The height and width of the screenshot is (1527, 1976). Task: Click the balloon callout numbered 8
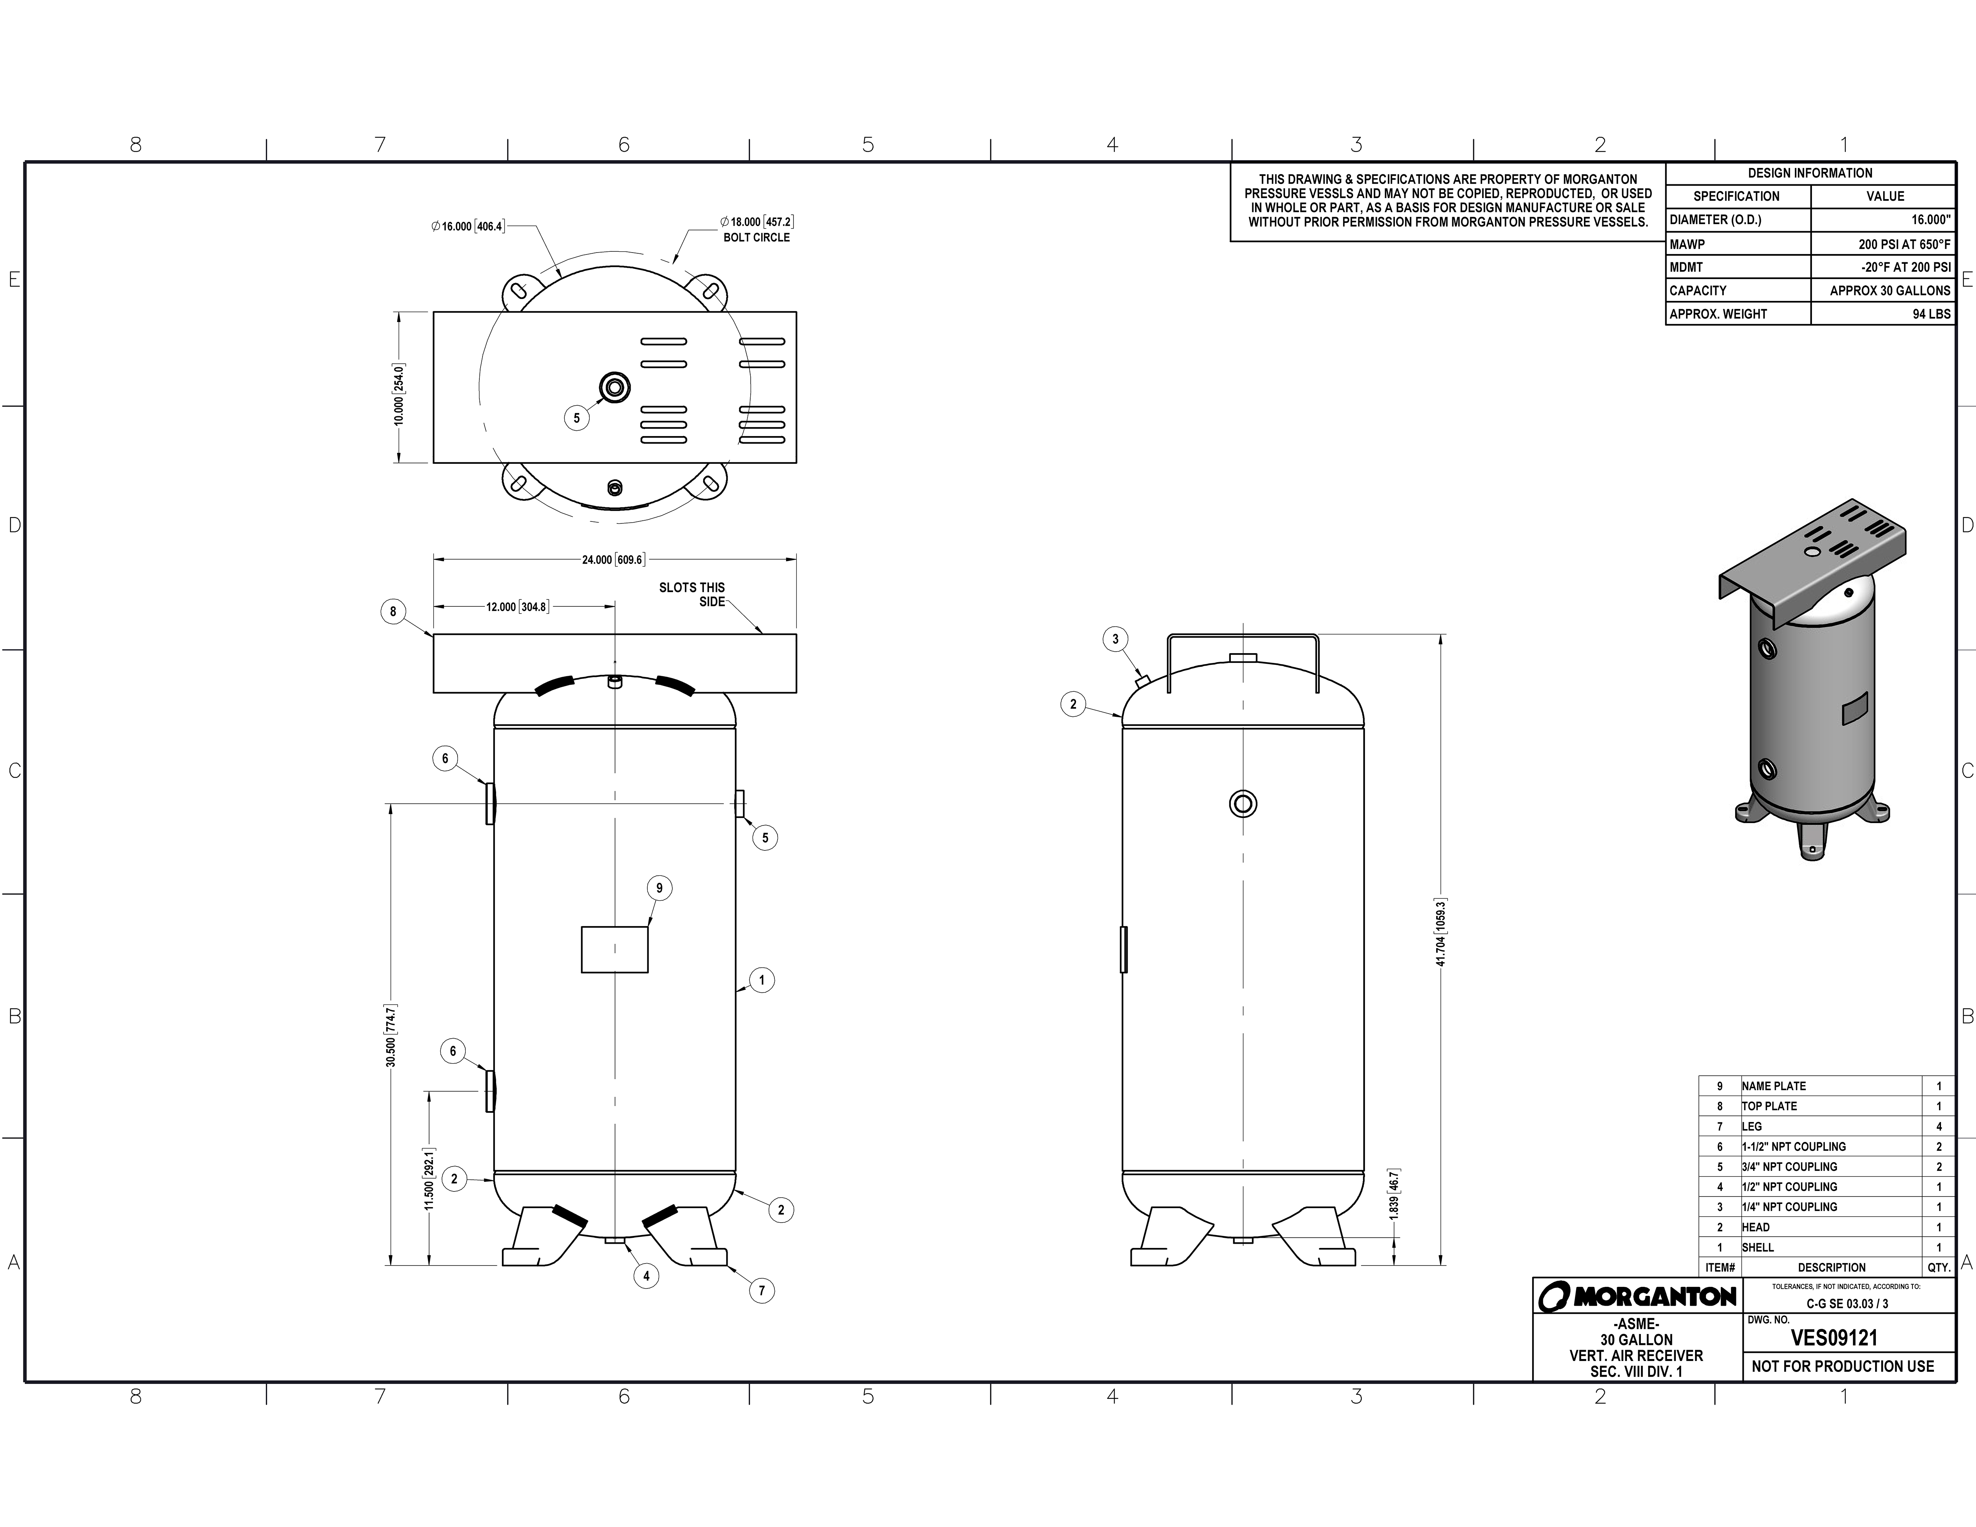pos(393,612)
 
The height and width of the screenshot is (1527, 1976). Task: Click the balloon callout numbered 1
pos(762,980)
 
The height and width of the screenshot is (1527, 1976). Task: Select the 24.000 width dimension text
pos(613,560)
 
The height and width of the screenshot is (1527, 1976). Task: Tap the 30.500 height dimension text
pos(391,1036)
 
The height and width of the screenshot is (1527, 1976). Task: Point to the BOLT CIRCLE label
pos(756,237)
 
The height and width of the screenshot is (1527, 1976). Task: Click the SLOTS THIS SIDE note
pos(692,594)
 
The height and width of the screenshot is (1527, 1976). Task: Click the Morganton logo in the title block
pos(1638,1296)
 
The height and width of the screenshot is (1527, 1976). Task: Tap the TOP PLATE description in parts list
pos(1770,1106)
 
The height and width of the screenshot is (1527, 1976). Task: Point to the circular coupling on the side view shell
pos(1243,803)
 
